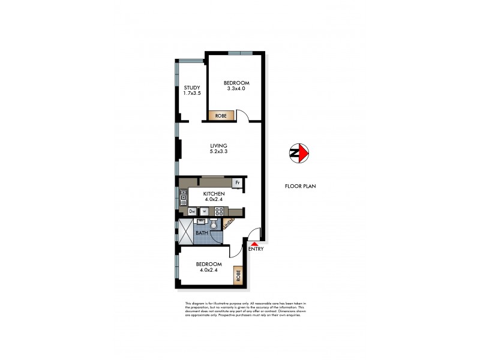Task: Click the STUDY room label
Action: coord(192,88)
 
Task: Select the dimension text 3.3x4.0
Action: coord(236,89)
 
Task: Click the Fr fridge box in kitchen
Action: coord(238,182)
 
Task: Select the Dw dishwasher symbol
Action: coord(193,211)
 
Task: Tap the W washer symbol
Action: coord(204,211)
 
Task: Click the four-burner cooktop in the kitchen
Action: coord(219,211)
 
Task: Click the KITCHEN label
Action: coord(214,194)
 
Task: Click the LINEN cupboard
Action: coord(229,224)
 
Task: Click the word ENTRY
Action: coord(256,249)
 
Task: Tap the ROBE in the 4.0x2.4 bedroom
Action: coord(238,275)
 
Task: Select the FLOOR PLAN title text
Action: coord(300,186)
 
